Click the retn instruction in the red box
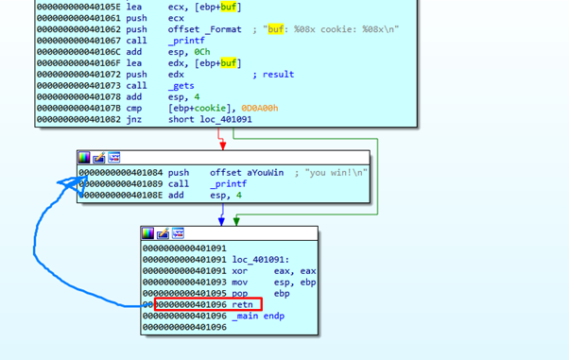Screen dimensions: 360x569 click(243, 304)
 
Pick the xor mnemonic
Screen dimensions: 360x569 click(240, 270)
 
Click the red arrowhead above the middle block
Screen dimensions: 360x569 click(222, 146)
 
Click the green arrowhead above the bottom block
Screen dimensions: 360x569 click(236, 221)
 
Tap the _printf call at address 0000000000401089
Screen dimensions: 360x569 click(228, 184)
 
